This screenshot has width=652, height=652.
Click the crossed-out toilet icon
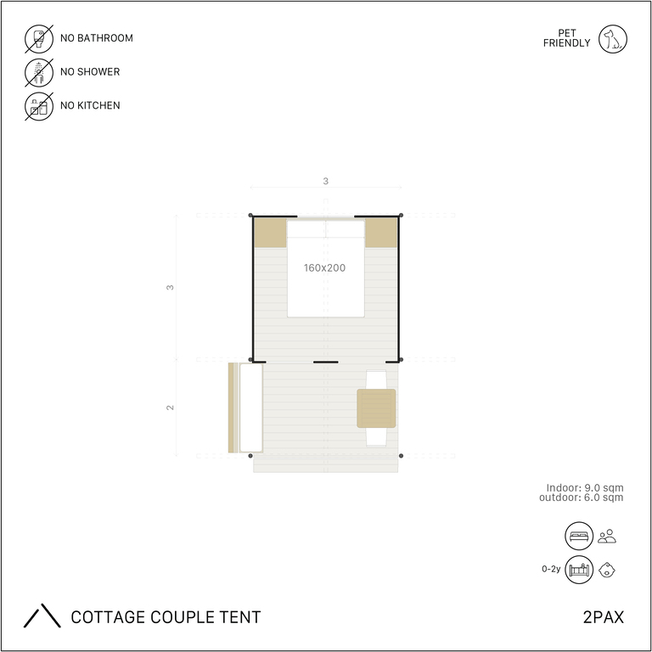[x=39, y=39]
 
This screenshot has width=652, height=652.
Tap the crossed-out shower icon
[x=39, y=73]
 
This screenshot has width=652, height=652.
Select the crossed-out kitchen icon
[x=39, y=106]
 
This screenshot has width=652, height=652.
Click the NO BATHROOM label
[x=97, y=38]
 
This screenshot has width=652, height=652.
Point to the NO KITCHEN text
[x=90, y=105]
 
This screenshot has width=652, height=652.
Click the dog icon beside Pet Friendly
[x=612, y=39]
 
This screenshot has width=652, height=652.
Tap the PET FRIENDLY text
[x=567, y=38]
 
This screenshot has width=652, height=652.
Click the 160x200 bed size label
[x=324, y=267]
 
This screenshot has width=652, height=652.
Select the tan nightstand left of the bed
[x=270, y=233]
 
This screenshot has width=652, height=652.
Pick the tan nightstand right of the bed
[x=381, y=233]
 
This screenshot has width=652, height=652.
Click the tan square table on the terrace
[x=376, y=408]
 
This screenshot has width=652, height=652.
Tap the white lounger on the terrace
[x=251, y=407]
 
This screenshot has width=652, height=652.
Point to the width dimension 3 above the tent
[x=326, y=182]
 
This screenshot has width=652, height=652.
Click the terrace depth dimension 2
[x=170, y=407]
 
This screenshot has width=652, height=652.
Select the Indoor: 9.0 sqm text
[x=585, y=488]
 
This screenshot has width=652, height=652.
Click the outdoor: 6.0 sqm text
[x=582, y=497]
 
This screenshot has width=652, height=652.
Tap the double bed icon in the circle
[x=579, y=536]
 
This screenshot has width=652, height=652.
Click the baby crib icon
[x=579, y=570]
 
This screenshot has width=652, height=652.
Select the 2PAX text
[x=604, y=617]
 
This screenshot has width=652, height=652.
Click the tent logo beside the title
[x=42, y=615]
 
